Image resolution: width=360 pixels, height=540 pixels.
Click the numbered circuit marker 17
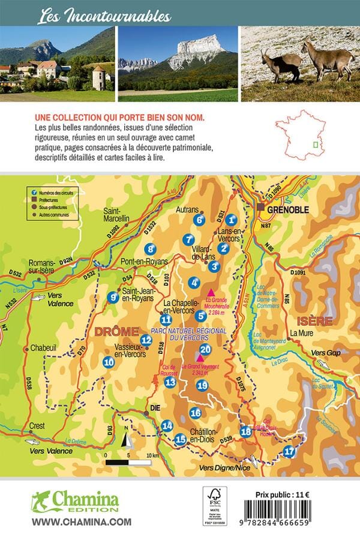click(x=289, y=452)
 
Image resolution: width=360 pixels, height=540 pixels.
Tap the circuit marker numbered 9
click(x=113, y=296)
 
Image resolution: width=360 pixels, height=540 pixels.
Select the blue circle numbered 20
click(x=205, y=350)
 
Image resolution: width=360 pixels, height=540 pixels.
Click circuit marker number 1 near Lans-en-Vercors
click(x=232, y=220)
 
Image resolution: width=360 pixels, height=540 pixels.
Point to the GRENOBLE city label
click(x=288, y=209)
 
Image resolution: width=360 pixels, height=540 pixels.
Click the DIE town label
click(x=156, y=407)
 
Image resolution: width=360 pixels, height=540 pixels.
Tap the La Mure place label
click(x=303, y=333)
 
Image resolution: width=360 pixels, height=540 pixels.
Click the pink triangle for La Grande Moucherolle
click(x=210, y=290)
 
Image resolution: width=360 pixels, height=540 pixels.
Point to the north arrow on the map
click(x=127, y=441)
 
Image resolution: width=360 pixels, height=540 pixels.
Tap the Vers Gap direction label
click(x=326, y=353)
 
